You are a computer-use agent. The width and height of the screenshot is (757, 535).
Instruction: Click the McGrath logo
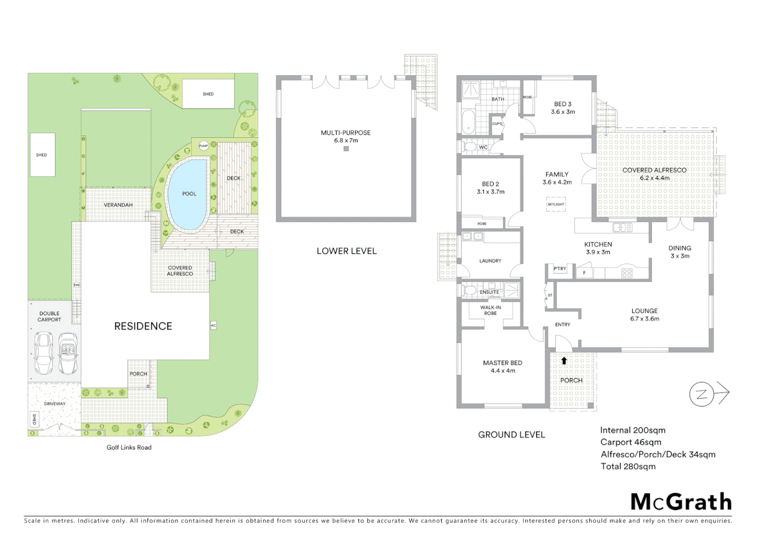click(681, 502)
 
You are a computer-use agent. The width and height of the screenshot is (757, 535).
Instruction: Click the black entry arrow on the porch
click(564, 361)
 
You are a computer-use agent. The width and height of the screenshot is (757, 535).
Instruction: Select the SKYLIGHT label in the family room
click(556, 204)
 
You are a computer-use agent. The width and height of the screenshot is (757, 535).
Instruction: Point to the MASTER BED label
click(502, 363)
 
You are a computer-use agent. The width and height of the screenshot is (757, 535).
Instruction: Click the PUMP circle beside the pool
click(204, 146)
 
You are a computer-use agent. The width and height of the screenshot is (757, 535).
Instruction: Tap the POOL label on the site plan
click(189, 194)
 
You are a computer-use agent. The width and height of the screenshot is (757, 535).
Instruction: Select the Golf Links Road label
click(129, 447)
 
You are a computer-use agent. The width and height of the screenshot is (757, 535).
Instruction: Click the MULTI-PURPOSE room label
click(345, 133)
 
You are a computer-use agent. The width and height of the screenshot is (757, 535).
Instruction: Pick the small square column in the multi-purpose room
click(346, 148)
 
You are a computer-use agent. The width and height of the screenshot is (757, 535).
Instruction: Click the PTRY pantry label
click(560, 269)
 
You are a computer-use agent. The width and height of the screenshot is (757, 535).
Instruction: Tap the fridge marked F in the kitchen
click(585, 273)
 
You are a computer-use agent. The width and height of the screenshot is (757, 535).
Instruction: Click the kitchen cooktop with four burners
click(627, 273)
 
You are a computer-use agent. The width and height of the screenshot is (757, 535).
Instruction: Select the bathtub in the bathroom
click(467, 122)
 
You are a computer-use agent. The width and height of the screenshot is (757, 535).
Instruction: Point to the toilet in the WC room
click(469, 147)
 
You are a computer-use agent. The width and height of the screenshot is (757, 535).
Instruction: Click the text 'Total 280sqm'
click(628, 466)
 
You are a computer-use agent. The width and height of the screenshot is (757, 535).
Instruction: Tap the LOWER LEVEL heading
click(346, 251)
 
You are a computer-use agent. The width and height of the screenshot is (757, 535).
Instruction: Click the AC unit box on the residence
click(214, 325)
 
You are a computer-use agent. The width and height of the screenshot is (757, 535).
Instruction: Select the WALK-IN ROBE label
click(490, 310)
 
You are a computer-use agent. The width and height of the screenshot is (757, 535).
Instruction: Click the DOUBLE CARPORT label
click(50, 317)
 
